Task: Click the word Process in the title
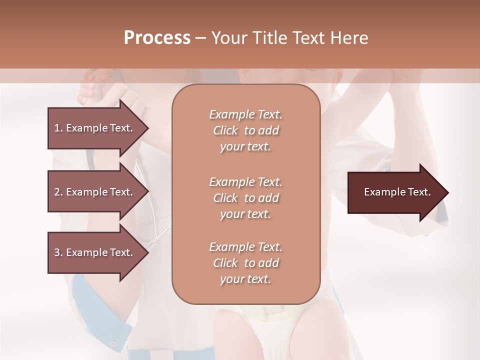pyautogui.click(x=157, y=38)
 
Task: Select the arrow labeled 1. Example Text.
pyautogui.click(x=95, y=128)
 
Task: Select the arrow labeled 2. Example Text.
pyautogui.click(x=95, y=192)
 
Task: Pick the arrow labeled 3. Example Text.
pyautogui.click(x=95, y=252)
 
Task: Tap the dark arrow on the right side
pyautogui.click(x=395, y=192)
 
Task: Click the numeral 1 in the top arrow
pyautogui.click(x=57, y=128)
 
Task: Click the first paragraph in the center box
pyautogui.click(x=245, y=130)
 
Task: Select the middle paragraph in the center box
pyautogui.click(x=245, y=197)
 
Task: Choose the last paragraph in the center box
pyautogui.click(x=245, y=262)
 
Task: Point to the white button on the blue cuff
pyautogui.click(x=113, y=343)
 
